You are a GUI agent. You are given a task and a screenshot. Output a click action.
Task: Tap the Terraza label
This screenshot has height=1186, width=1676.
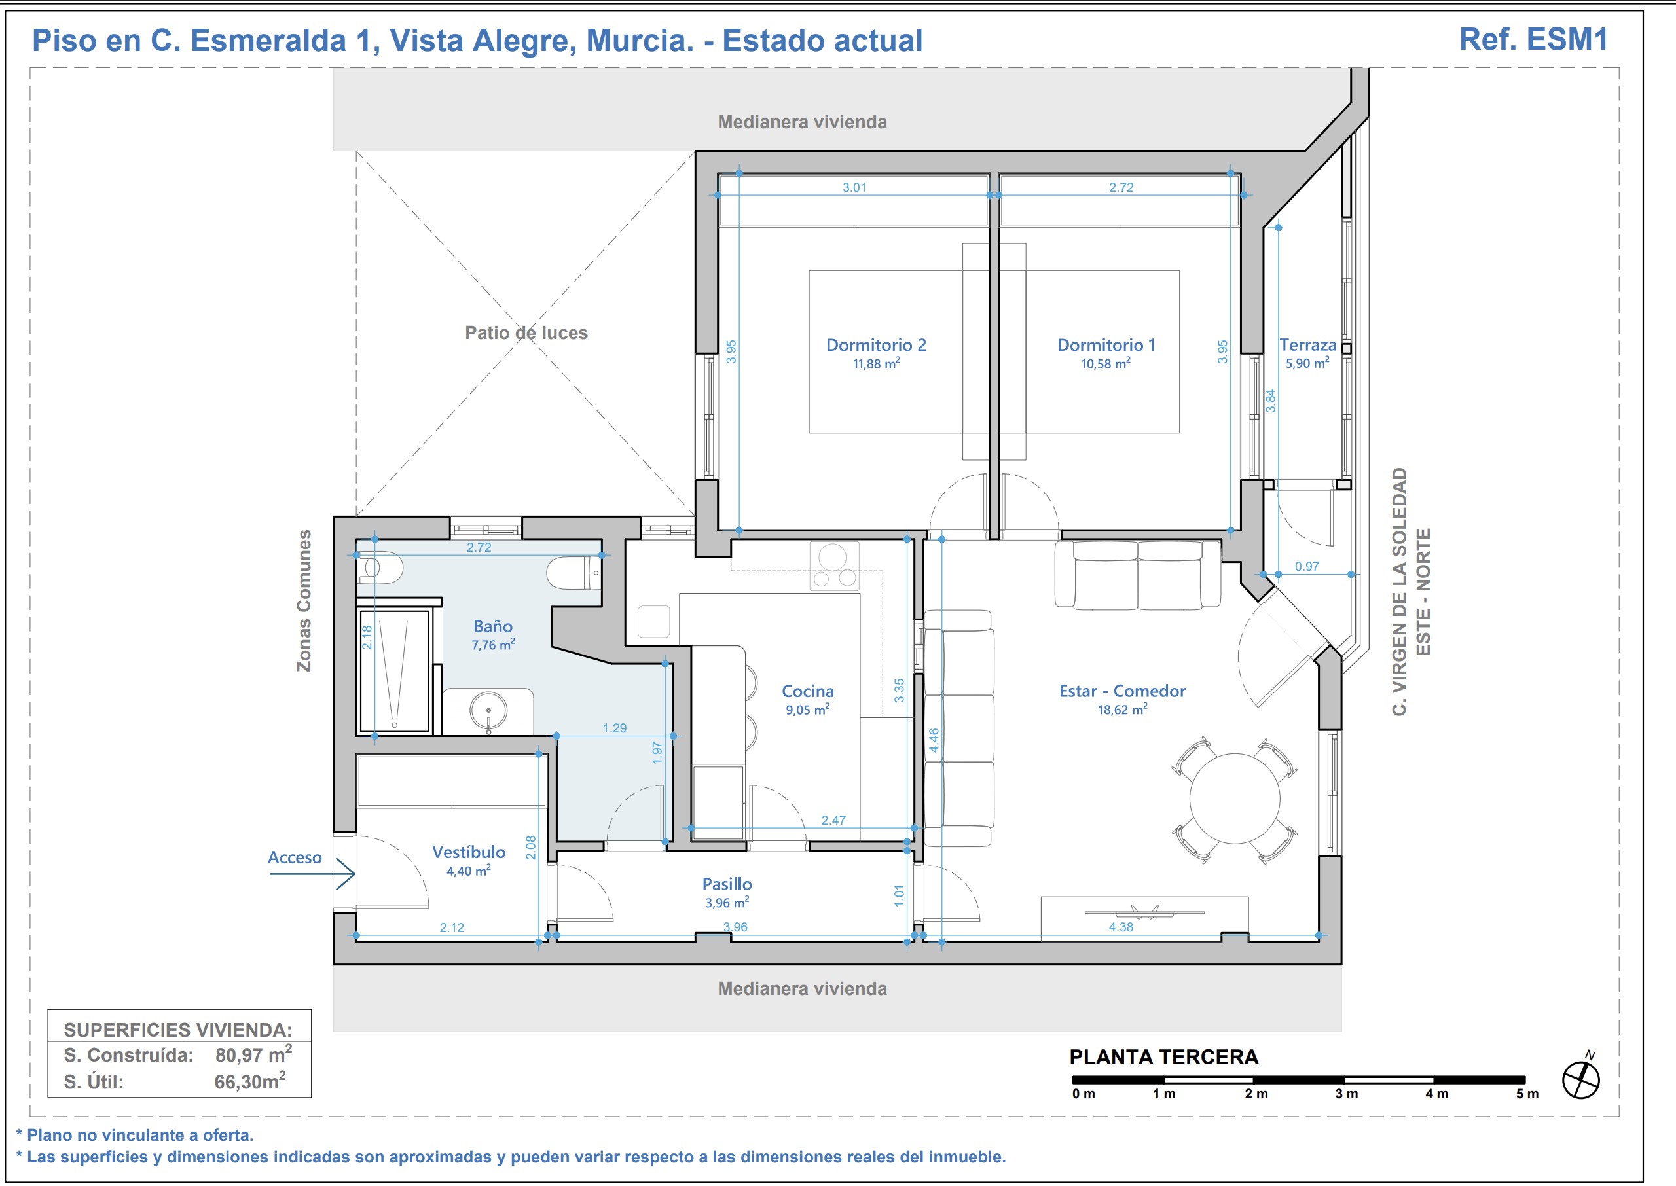tap(1307, 345)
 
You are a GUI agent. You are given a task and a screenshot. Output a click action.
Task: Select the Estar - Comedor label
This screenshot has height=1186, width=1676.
tap(1121, 691)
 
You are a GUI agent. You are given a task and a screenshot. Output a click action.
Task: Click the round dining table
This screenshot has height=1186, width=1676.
tap(1234, 799)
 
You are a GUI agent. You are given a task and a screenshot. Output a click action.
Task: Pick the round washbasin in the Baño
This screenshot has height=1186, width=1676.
tap(488, 711)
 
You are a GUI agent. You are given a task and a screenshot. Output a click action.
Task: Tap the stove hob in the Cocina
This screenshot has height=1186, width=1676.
tap(834, 566)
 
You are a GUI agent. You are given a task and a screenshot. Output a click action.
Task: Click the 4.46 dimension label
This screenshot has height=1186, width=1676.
tap(934, 740)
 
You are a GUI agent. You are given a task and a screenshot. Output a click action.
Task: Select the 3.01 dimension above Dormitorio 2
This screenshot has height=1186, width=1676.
tap(854, 187)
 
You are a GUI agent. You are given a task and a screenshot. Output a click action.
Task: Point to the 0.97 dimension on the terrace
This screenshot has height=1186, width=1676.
tap(1307, 566)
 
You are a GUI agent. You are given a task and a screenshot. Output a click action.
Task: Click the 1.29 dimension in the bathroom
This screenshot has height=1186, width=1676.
tap(614, 727)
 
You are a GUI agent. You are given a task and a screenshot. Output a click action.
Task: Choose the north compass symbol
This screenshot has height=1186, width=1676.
tap(1580, 1078)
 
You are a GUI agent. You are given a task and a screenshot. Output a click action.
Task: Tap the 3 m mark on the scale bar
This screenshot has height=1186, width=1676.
tap(1346, 1093)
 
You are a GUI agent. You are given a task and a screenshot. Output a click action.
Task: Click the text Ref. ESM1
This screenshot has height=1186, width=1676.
tap(1533, 39)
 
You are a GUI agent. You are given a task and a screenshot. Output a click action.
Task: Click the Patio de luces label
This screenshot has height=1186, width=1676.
tap(526, 333)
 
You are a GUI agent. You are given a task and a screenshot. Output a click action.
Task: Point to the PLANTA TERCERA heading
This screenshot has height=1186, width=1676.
tap(1163, 1057)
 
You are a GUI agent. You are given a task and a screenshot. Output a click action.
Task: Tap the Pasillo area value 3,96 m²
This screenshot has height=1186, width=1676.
tap(727, 903)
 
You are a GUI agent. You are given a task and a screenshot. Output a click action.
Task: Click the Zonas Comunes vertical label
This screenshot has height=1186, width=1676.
tap(304, 600)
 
